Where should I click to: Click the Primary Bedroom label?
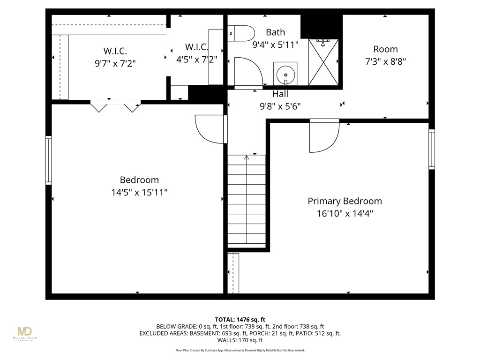(x=345, y=201)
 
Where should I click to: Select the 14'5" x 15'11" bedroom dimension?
(x=139, y=192)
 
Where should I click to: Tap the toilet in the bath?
(x=241, y=33)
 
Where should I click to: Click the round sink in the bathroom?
(x=285, y=74)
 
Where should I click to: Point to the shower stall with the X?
(x=323, y=62)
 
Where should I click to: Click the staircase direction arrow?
(x=247, y=158)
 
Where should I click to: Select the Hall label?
(x=280, y=94)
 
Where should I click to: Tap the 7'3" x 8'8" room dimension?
(x=385, y=61)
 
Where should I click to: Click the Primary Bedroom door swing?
(x=323, y=136)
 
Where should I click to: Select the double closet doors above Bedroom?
(x=115, y=106)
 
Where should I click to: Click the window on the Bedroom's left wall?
(x=48, y=160)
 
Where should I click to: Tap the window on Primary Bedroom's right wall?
(x=431, y=149)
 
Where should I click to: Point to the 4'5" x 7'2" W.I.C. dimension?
(x=196, y=60)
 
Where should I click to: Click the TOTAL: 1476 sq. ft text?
(x=240, y=320)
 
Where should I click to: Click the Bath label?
(x=275, y=32)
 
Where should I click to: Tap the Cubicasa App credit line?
(x=240, y=350)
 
